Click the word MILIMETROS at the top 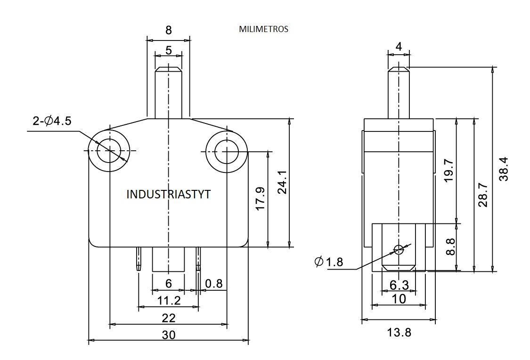pyautogui.click(x=263, y=29)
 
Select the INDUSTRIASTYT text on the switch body pyautogui.click(x=169, y=194)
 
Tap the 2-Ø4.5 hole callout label pyautogui.click(x=52, y=121)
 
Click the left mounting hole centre pyautogui.click(x=109, y=151)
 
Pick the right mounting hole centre pyautogui.click(x=227, y=151)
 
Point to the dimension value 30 pyautogui.click(x=169, y=335)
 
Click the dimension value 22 pyautogui.click(x=169, y=318)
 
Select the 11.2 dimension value pyautogui.click(x=169, y=301)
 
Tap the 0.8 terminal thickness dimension pyautogui.click(x=214, y=284)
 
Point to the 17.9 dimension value pyautogui.click(x=261, y=199)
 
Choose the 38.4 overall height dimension pyautogui.click(x=503, y=170)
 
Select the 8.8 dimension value pyautogui.click(x=450, y=246)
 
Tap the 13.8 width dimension pyautogui.click(x=399, y=333)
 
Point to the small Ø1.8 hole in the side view pyautogui.click(x=399, y=249)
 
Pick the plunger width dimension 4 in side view pyautogui.click(x=399, y=46)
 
